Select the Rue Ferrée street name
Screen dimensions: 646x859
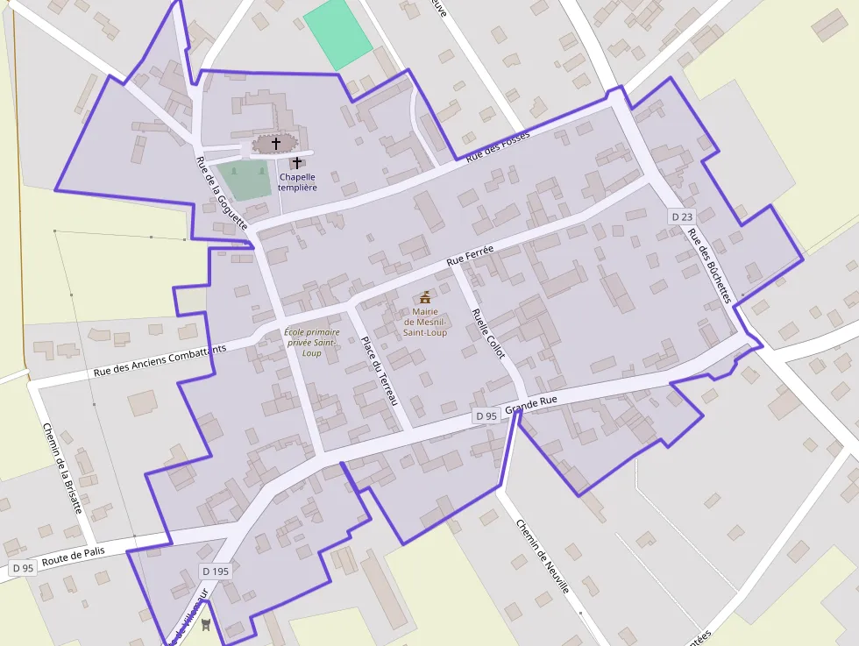470,255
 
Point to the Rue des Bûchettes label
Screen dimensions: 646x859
708,266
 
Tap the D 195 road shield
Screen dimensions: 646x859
215,571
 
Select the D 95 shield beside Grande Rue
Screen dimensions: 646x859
486,415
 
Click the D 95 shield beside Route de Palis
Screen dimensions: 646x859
22,568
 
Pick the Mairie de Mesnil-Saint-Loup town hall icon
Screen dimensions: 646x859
425,297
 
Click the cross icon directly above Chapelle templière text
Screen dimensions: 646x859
297,162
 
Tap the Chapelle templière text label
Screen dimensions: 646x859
297,181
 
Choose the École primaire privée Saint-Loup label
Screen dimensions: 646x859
311,342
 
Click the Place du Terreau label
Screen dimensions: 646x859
379,370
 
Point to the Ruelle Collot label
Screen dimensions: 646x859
488,333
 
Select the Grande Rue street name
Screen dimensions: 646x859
531,405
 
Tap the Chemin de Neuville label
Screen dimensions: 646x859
542,556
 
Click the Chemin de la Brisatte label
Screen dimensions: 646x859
62,468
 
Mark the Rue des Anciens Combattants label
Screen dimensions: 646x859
160,360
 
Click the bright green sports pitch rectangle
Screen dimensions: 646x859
337,33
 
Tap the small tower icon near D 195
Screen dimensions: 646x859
206,624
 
